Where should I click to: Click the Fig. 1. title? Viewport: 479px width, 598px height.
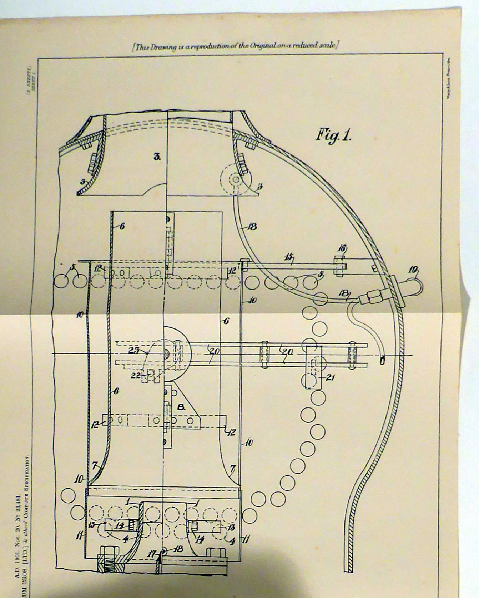coord(333,136)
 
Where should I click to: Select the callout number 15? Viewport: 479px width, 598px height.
coord(288,257)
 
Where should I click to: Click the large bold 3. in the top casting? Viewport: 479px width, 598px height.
coord(157,156)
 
